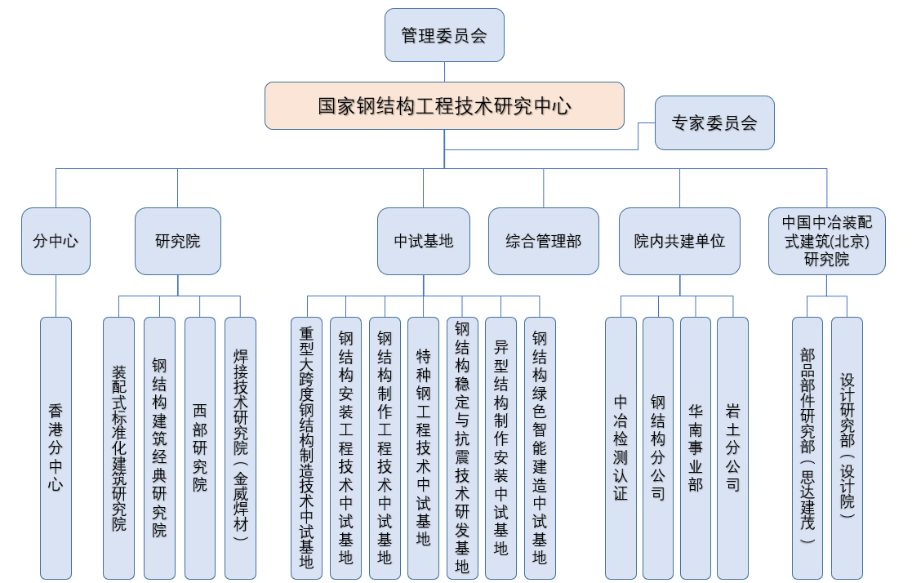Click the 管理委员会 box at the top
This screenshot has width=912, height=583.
point(444,35)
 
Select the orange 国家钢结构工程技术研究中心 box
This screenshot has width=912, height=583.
point(444,105)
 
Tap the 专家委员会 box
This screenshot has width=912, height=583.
point(714,123)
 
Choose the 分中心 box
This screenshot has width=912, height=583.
point(56,241)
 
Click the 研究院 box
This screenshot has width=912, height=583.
point(177,241)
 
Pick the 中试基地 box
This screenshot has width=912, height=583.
point(423,241)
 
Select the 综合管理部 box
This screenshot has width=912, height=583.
point(543,241)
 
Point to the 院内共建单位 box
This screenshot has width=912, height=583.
point(679,241)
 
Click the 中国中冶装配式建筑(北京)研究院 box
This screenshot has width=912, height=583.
point(826,241)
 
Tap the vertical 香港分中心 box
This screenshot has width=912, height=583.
point(56,447)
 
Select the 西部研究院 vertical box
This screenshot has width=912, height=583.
point(200,447)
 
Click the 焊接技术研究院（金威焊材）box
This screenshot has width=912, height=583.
point(240,447)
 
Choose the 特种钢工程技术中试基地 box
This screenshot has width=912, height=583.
point(423,447)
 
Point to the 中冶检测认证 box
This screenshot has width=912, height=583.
point(621,447)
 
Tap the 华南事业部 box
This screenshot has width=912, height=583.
point(695,447)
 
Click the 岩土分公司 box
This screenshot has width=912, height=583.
point(732,447)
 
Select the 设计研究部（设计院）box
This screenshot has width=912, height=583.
point(847,447)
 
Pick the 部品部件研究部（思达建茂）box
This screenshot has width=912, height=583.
point(807,447)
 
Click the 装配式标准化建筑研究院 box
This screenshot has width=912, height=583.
point(118,447)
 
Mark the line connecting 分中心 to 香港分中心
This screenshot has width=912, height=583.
point(56,296)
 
